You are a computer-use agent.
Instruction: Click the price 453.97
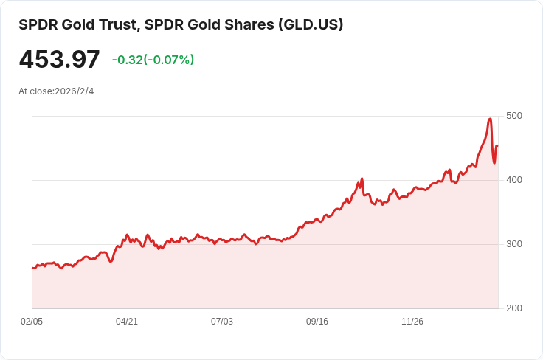(x=59, y=59)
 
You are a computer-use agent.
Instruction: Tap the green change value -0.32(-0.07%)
(x=153, y=60)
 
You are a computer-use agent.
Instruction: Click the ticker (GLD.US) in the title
(x=310, y=24)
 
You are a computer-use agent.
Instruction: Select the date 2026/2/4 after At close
(x=75, y=91)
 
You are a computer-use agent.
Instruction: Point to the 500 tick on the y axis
(x=514, y=116)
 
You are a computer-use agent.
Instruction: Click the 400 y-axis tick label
(x=514, y=180)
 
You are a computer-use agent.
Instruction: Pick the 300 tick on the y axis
(x=514, y=244)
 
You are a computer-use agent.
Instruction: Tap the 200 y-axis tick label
(x=514, y=308)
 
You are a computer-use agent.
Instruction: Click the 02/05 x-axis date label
(x=32, y=322)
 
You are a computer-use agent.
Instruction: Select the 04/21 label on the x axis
(x=127, y=322)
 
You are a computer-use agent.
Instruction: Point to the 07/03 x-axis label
(x=222, y=322)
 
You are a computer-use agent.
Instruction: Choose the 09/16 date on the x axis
(x=317, y=322)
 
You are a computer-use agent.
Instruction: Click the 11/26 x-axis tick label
(x=412, y=322)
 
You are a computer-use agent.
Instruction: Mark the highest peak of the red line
(x=490, y=119)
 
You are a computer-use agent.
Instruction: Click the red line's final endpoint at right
(x=497, y=145)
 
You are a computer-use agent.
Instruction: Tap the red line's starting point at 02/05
(x=32, y=268)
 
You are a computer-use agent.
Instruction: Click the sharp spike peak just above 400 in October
(x=362, y=179)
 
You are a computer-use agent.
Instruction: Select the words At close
(x=35, y=91)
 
